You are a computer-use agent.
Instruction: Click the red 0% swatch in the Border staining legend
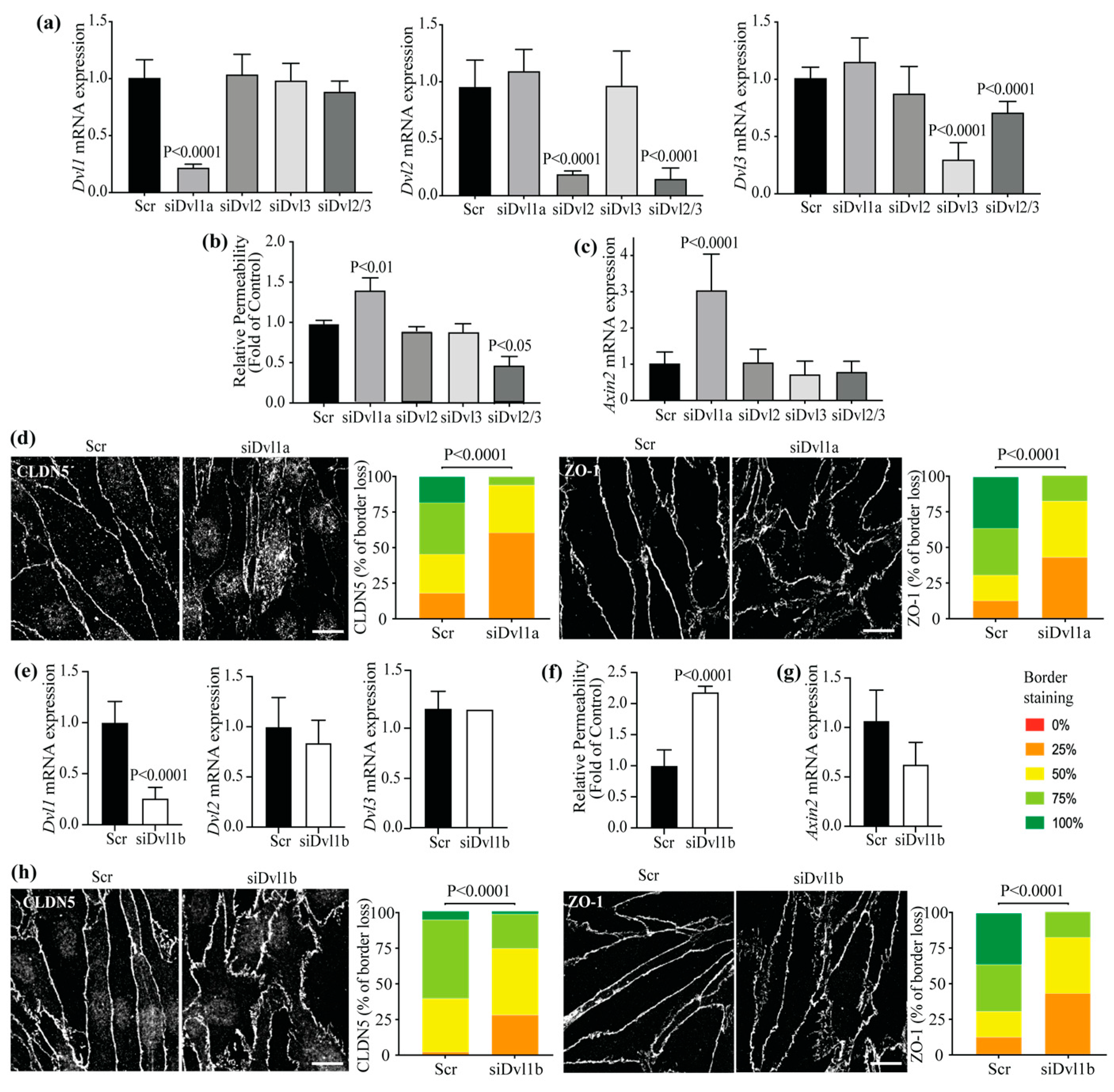pos(1034,725)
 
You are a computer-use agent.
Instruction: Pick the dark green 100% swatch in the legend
pos(1034,823)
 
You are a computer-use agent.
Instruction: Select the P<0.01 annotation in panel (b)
pos(371,267)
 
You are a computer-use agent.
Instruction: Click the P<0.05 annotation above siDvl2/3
pos(509,345)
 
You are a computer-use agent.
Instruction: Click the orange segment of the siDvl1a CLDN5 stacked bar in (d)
pos(511,575)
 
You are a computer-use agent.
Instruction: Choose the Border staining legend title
pos(1048,687)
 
